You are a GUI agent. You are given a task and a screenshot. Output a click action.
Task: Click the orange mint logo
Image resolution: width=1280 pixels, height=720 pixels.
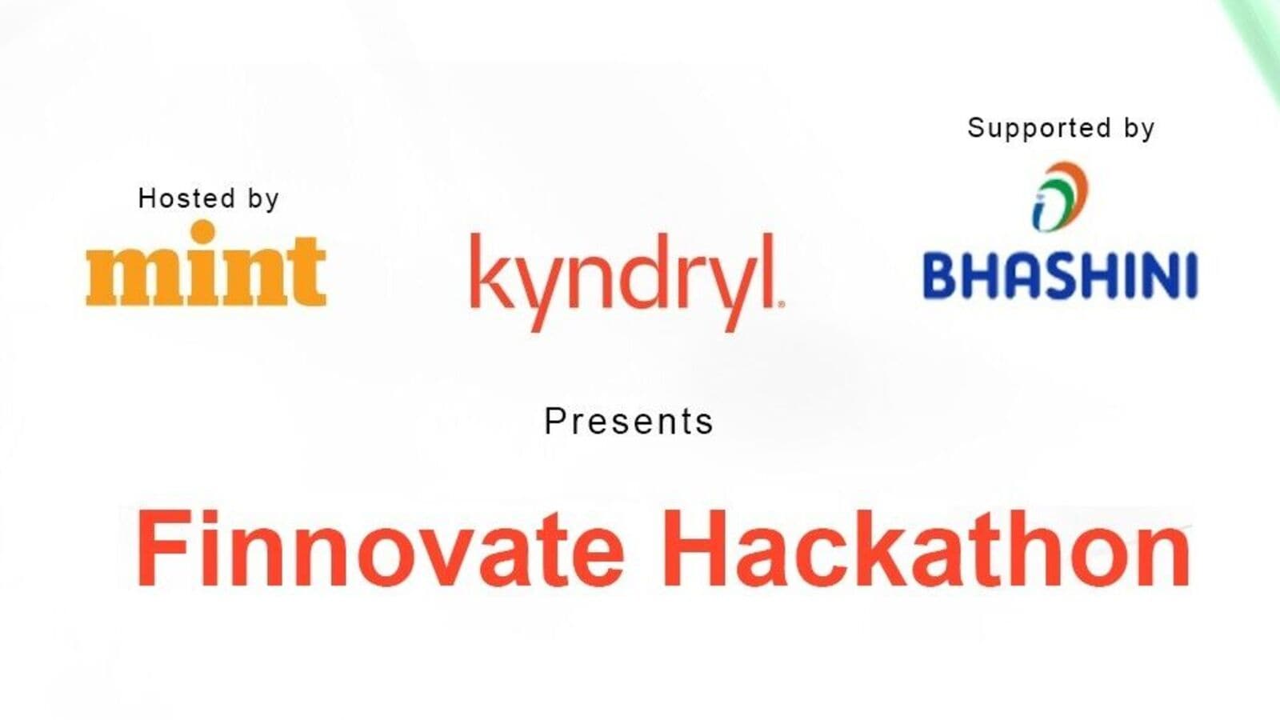point(206,263)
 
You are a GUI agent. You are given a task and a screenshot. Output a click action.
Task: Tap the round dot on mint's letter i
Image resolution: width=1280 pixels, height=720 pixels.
point(203,232)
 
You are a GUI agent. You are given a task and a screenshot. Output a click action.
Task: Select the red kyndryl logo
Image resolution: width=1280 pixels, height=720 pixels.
point(627,282)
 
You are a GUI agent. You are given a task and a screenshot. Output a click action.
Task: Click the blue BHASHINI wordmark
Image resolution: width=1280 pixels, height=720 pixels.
point(1060,276)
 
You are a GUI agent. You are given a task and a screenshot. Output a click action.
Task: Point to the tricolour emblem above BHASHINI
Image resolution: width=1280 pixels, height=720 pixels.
point(1060,197)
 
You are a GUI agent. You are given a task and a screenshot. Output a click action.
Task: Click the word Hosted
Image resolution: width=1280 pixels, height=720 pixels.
point(187,198)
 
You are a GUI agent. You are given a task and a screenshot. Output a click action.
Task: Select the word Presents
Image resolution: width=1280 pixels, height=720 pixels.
point(629,421)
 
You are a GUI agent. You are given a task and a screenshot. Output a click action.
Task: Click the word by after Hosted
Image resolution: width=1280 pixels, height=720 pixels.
point(263,200)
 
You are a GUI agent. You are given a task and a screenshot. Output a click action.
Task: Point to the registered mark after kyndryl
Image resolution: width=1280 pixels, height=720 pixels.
point(781,305)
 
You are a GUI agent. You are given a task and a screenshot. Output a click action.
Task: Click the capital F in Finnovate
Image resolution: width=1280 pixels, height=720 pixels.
point(162,547)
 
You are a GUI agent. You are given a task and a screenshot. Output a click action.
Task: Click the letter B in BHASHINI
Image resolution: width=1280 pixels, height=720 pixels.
point(942,277)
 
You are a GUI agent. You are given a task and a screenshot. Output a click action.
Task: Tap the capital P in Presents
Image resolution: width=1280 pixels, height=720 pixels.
point(555,421)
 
